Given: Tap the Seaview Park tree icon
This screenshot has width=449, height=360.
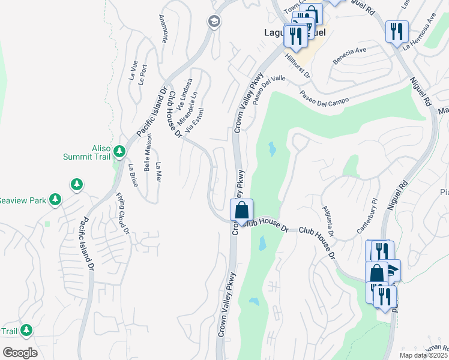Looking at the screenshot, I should (55, 199).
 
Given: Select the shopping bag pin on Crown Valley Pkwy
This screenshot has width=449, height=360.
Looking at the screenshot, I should (241, 210).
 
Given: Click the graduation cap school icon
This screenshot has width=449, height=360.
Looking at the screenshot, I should (213, 22).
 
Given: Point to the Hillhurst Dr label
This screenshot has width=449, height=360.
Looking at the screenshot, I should (298, 66).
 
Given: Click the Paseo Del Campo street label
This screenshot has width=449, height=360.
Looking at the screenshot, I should (325, 100).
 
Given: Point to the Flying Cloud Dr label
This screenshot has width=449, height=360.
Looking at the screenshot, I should (123, 213).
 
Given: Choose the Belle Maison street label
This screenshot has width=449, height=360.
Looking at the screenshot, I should (147, 154).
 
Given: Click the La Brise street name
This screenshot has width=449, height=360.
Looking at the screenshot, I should (133, 175).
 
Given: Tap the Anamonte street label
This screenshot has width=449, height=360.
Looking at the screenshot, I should (163, 28).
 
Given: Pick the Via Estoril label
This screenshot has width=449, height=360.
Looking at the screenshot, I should (196, 119).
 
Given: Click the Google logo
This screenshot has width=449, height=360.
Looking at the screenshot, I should (20, 353).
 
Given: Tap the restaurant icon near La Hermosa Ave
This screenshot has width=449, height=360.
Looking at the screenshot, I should (397, 31).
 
